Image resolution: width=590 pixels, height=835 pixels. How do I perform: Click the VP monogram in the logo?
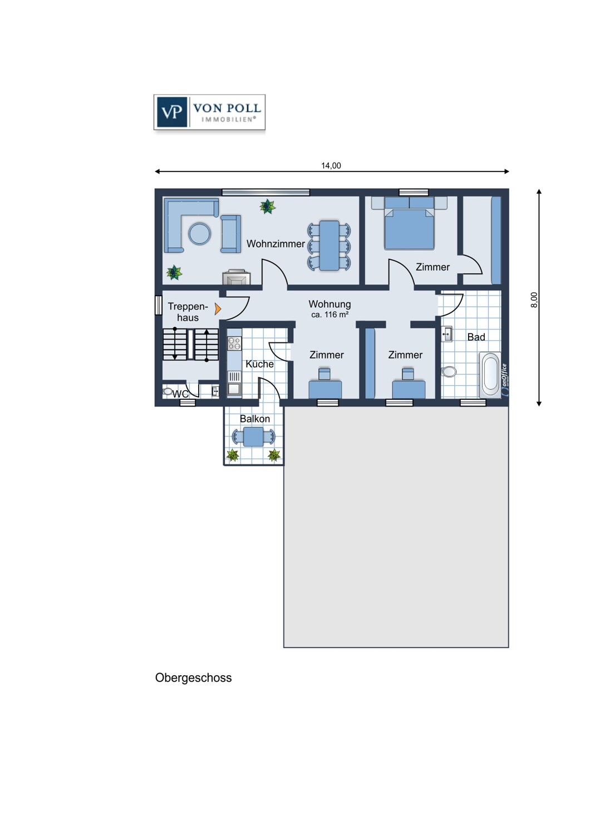tap(172, 112)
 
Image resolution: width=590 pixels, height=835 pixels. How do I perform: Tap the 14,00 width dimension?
tap(331, 165)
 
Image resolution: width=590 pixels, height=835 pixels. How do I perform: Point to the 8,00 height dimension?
tap(534, 299)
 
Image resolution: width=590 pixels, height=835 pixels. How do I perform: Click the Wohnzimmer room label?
tap(276, 244)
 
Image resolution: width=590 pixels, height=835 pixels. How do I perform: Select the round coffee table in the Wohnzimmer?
tap(200, 234)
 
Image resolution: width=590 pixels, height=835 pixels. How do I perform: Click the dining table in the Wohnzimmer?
tap(330, 245)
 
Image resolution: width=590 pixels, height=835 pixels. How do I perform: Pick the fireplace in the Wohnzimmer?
tap(237, 277)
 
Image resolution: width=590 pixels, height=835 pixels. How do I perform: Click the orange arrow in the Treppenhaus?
tap(218, 308)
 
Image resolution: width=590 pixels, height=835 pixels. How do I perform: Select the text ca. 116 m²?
tap(330, 315)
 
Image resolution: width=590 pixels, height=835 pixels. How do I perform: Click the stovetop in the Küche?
tap(234, 343)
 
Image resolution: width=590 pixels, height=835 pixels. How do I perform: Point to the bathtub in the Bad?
tap(490, 374)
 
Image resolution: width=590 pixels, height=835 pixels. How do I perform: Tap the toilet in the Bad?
tap(449, 372)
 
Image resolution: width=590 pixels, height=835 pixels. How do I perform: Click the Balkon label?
tap(254, 419)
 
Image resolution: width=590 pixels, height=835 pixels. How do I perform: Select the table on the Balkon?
tap(253, 436)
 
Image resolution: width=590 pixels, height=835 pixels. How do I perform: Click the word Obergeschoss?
tap(194, 677)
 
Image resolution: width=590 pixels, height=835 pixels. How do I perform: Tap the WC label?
tap(180, 394)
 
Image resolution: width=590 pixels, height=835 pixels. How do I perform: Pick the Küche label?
tap(259, 364)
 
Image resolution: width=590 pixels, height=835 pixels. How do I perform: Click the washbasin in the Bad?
tap(447, 334)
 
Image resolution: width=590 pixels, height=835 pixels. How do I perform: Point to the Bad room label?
tap(476, 337)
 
